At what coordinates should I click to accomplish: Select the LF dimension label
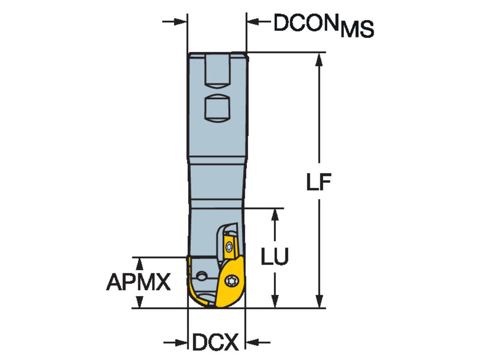318,183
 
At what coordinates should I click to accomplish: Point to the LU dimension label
274,257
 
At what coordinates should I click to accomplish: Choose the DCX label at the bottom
216,342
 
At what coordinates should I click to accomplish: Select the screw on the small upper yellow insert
229,247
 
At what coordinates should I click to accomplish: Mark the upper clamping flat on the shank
218,72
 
